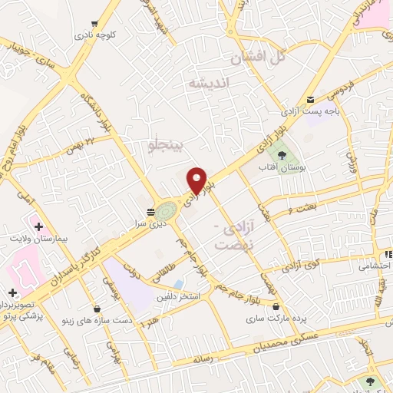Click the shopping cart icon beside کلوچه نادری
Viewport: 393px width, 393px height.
tap(94, 24)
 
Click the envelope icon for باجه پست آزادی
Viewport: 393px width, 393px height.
tap(310, 100)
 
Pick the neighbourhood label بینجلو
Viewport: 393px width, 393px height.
tap(167, 144)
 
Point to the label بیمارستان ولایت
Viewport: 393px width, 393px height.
tap(41, 239)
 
